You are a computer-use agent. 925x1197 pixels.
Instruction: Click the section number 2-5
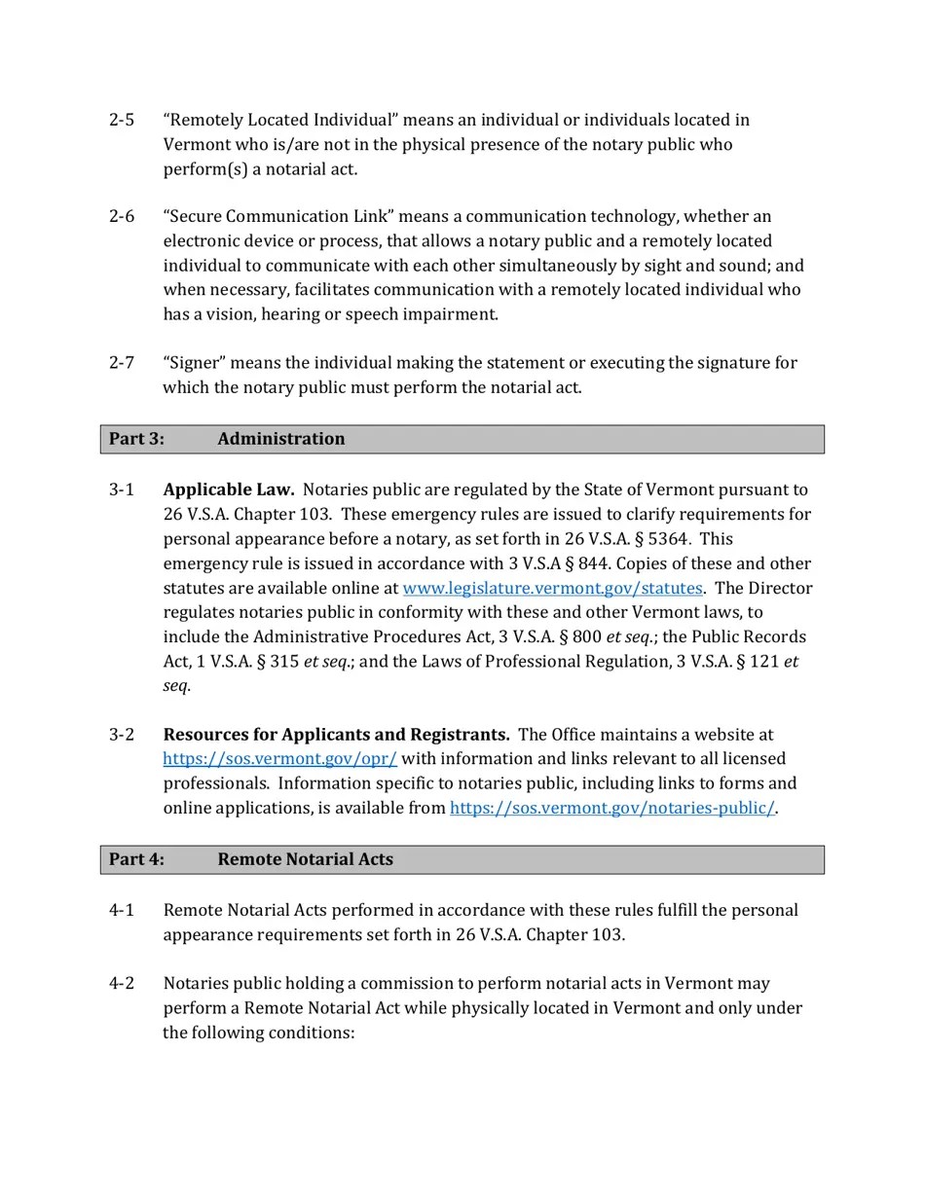[x=122, y=120]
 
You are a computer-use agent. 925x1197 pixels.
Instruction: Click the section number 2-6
[x=122, y=216]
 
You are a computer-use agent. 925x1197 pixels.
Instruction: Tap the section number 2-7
[x=122, y=363]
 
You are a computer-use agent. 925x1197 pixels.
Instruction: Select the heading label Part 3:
[x=136, y=439]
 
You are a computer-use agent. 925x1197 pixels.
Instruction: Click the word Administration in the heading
[x=280, y=439]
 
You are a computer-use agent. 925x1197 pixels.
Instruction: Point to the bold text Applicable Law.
[x=228, y=490]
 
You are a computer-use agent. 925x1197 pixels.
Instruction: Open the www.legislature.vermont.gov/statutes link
[x=552, y=588]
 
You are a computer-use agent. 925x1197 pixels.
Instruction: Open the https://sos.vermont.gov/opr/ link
[x=279, y=759]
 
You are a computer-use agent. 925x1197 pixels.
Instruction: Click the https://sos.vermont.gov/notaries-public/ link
[x=611, y=808]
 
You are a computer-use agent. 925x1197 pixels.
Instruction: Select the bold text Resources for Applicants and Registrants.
[x=336, y=735]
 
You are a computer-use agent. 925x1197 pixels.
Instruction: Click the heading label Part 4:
[x=136, y=859]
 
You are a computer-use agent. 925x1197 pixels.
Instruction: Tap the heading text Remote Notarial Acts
[x=305, y=859]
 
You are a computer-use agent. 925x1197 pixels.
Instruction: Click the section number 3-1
[x=122, y=490]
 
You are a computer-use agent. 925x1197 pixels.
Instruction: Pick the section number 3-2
[x=122, y=735]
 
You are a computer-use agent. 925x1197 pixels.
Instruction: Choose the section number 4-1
[x=122, y=910]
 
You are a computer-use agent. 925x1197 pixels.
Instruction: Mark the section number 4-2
[x=122, y=983]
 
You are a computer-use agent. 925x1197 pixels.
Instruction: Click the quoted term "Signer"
[x=195, y=363]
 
